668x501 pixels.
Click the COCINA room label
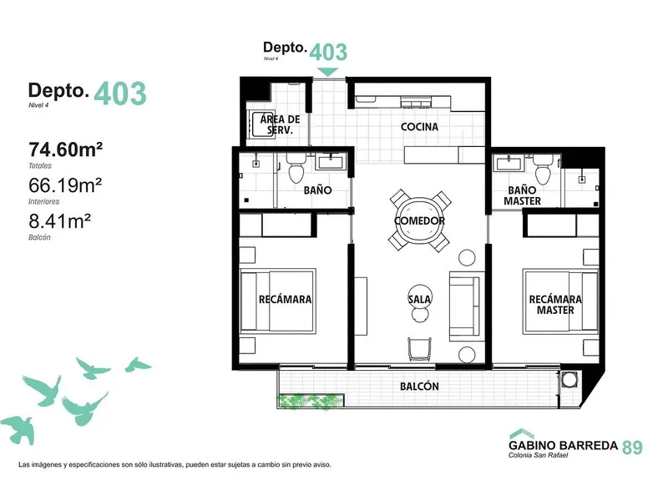[x=419, y=127]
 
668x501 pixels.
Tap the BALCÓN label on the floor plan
[x=419, y=387]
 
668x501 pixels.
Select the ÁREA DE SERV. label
[x=280, y=124]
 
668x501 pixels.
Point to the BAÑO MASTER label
[x=522, y=195]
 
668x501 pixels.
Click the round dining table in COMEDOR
[x=420, y=220]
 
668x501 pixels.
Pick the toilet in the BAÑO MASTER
[x=543, y=169]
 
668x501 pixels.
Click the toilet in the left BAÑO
[x=296, y=168]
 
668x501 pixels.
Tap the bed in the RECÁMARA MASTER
[x=561, y=301]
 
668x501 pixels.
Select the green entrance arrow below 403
[x=327, y=72]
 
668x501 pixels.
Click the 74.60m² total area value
[x=66, y=149]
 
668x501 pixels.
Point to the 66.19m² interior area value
[x=65, y=185]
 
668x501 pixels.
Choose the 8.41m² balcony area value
[x=59, y=221]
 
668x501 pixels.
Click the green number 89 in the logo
[x=633, y=448]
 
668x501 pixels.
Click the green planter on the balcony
[x=310, y=402]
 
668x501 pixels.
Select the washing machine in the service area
[x=257, y=124]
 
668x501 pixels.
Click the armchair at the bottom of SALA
[x=420, y=349]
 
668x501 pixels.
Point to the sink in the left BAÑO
[x=330, y=162]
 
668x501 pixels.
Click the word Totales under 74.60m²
[x=40, y=165]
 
